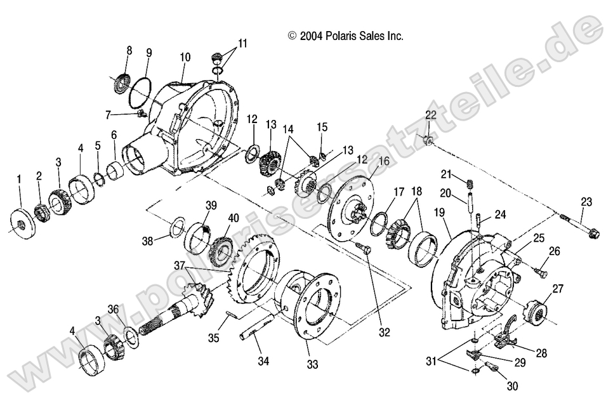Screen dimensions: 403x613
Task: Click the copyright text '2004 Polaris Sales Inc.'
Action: coord(346,36)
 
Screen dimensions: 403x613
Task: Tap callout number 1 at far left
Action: coord(19,180)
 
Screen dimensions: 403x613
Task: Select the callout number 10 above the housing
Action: coord(185,57)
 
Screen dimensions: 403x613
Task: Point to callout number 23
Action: coord(585,202)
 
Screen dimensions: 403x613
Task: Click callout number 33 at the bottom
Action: coord(312,364)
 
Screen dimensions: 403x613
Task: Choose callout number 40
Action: coord(234,218)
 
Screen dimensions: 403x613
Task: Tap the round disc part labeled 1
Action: coord(21,225)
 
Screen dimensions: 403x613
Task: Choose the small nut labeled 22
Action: coord(429,140)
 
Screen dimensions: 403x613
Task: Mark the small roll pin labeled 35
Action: coord(233,315)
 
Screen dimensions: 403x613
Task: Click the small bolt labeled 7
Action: coord(141,114)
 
